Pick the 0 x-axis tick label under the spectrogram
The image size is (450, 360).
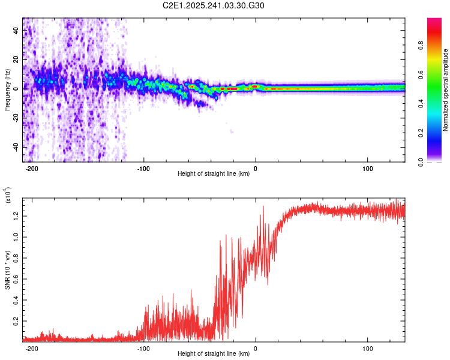click(x=256, y=169)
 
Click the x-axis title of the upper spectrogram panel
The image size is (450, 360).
click(x=214, y=174)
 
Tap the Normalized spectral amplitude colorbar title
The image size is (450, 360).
click(x=445, y=90)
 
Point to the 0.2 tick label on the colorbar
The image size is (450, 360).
click(x=421, y=133)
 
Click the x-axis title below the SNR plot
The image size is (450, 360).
click(x=214, y=353)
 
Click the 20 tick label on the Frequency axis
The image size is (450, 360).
click(x=18, y=59)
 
